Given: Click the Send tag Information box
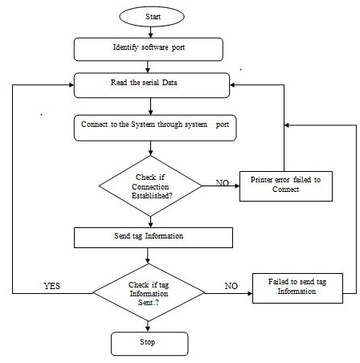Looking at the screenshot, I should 153,237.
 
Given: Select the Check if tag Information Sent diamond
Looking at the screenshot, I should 149,292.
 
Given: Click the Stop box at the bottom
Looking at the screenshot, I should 149,343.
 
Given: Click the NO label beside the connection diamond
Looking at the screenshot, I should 223,183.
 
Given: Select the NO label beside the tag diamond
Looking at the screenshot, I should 231,284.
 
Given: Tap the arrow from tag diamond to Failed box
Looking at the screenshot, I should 229,292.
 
